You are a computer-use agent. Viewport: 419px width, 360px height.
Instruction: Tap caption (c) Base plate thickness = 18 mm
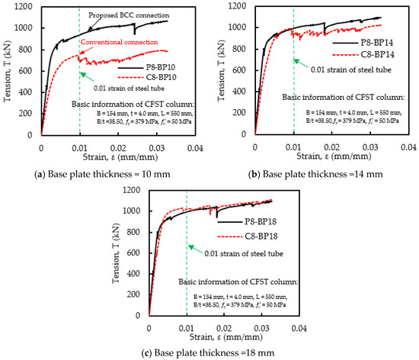pyautogui.click(x=208, y=352)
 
